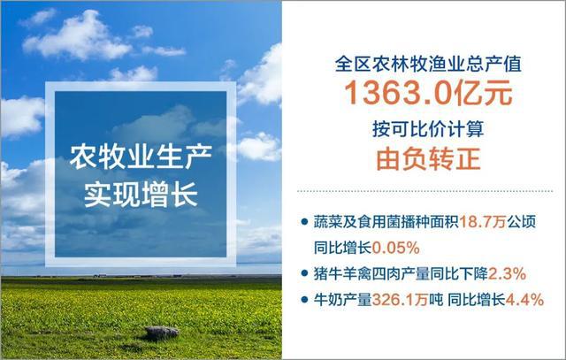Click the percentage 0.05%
pos(382,241)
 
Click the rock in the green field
pos(162,333)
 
